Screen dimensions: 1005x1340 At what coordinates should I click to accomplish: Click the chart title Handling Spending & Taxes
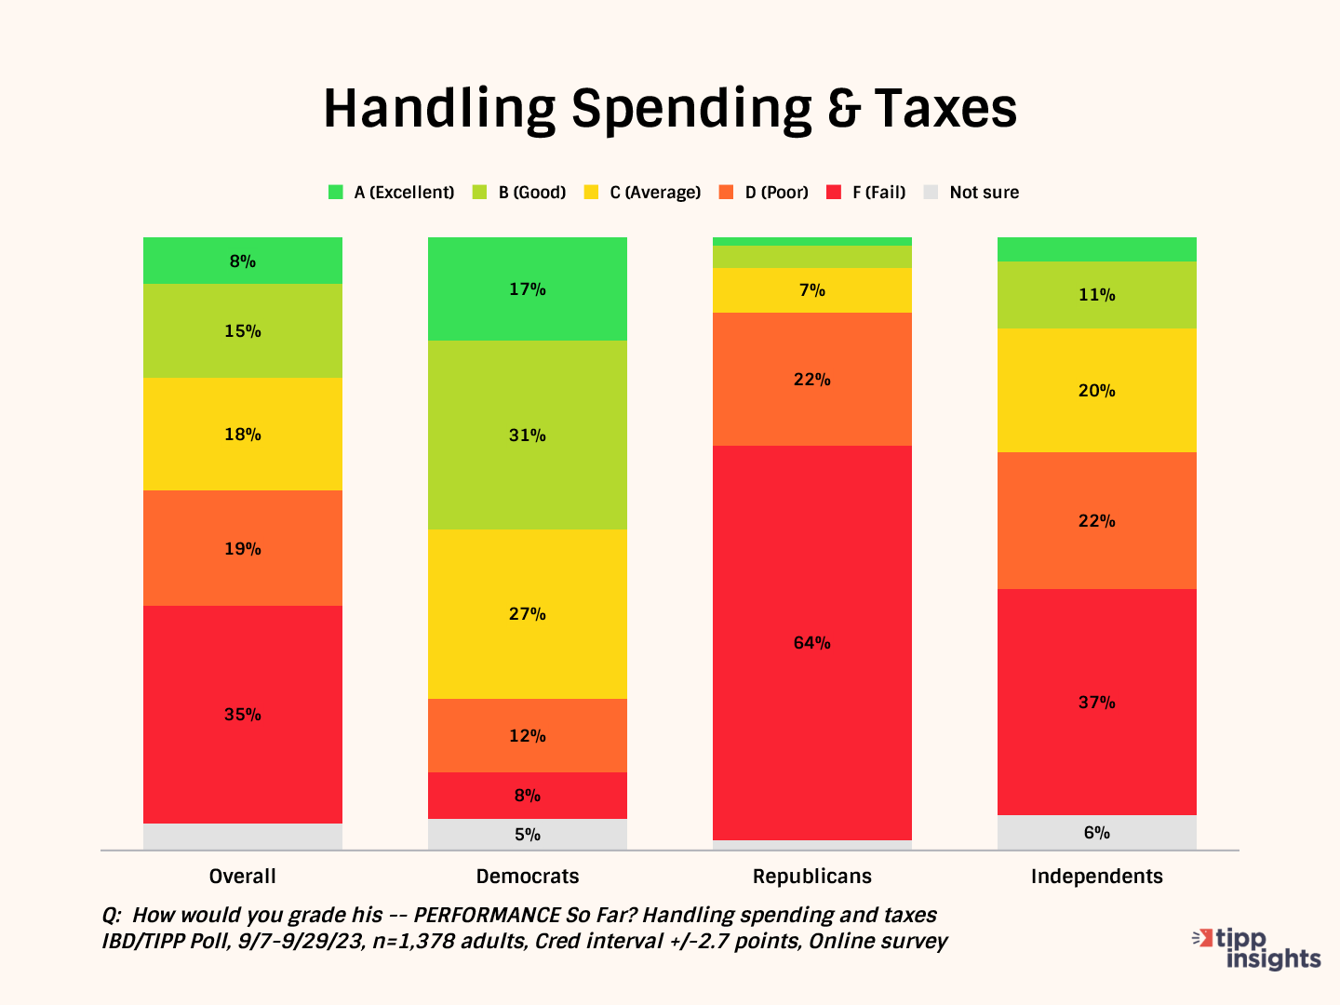tap(670, 109)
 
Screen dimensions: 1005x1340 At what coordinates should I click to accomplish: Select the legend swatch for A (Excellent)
tap(336, 193)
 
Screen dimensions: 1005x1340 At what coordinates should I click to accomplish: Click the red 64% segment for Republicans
tap(812, 643)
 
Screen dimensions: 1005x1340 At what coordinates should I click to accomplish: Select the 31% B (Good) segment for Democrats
tap(528, 435)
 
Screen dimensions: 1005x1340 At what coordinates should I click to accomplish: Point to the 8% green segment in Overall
tap(243, 261)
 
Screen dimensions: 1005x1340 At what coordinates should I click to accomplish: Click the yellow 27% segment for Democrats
tap(528, 614)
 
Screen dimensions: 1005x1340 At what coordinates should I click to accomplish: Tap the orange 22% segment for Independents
tap(1097, 521)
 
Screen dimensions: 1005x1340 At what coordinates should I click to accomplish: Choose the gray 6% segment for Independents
tap(1097, 833)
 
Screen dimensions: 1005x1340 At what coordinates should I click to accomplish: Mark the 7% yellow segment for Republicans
tap(812, 290)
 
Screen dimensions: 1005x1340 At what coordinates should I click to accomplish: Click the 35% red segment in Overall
tap(243, 715)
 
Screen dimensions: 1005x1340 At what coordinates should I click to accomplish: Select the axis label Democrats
tap(528, 877)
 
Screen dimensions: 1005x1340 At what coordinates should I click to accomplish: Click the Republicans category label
tap(812, 877)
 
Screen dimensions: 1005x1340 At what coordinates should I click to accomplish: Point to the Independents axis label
tap(1097, 877)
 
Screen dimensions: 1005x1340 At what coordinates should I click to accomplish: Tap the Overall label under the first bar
tap(243, 877)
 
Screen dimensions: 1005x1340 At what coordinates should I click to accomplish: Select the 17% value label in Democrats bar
tap(528, 289)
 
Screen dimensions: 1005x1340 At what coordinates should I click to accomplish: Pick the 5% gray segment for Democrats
tap(528, 835)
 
